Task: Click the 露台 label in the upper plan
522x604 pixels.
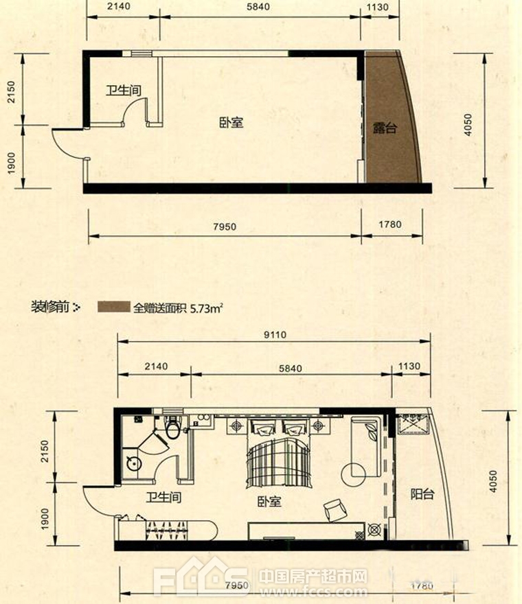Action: click(385, 128)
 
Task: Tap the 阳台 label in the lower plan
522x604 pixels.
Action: click(422, 493)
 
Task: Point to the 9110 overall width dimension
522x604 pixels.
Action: click(275, 334)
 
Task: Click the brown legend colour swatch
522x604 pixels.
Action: click(114, 307)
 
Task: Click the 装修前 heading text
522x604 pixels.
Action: click(50, 307)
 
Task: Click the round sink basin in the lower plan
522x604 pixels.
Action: click(134, 463)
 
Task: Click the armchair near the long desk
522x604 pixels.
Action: click(335, 510)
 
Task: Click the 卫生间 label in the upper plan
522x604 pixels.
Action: click(124, 91)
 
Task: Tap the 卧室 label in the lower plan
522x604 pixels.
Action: click(269, 502)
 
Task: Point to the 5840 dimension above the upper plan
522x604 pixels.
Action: click(258, 7)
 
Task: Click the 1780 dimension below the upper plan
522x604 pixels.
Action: click(389, 224)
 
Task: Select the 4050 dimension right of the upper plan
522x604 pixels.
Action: click(468, 124)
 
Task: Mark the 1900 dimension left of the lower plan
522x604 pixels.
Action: click(45, 518)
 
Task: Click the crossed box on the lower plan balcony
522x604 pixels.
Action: click(412, 423)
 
